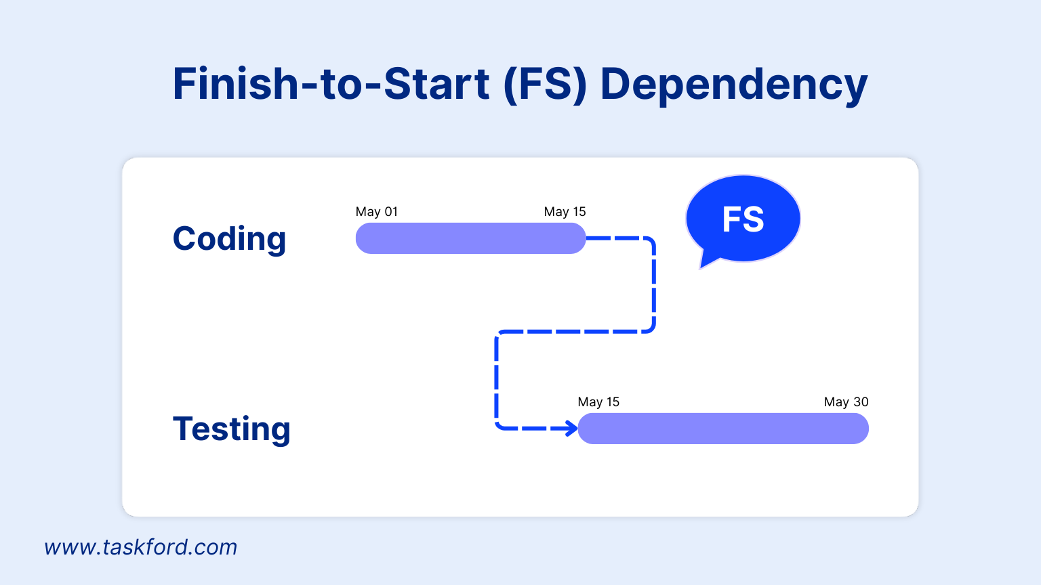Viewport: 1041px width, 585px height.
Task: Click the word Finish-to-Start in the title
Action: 331,84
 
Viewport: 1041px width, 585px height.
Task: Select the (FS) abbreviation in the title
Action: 545,84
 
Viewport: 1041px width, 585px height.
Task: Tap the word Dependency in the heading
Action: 733,85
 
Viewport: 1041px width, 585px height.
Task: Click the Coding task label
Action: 229,239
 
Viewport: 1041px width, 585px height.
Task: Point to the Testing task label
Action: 231,429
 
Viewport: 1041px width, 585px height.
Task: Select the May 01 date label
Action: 377,212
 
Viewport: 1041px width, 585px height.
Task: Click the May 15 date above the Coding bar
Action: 565,212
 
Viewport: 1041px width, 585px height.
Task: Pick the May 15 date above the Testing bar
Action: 598,402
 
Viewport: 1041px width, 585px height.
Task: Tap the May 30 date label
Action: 846,402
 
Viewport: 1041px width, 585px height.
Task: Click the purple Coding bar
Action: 470,238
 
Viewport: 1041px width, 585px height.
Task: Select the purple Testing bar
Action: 723,429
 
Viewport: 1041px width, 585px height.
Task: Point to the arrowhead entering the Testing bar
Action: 571,428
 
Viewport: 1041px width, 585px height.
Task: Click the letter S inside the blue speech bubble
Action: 754,219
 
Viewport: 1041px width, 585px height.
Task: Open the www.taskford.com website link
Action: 141,547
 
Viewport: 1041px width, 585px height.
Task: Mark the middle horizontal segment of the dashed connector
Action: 576,332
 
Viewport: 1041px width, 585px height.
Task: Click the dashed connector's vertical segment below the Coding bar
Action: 654,284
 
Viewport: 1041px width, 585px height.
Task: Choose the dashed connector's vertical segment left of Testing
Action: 497,379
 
